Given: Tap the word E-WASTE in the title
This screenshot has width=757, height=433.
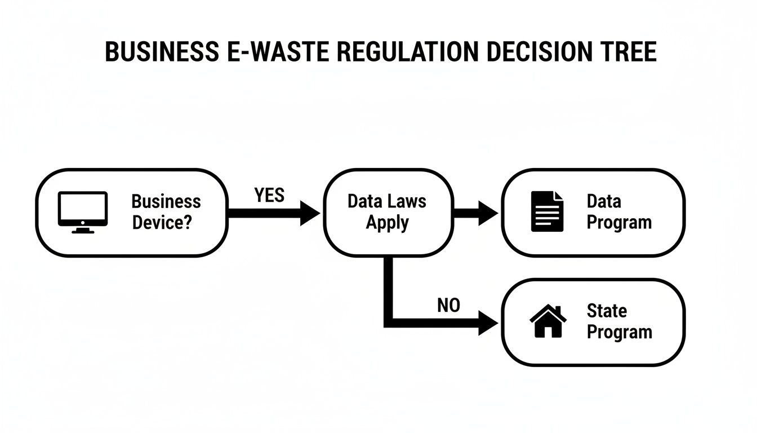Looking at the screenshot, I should (x=263, y=52).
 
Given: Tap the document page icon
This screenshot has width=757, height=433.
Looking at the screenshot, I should (x=547, y=211).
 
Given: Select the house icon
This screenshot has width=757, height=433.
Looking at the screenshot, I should (x=548, y=321).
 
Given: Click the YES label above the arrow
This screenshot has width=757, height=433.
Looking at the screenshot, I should (x=269, y=195).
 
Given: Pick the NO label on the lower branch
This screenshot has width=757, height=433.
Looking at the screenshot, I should (x=448, y=306).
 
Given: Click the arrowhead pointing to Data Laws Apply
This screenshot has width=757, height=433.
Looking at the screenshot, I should (x=309, y=213).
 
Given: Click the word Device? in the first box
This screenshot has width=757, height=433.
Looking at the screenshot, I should (x=162, y=223).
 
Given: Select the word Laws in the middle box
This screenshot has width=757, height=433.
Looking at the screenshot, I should (x=406, y=201).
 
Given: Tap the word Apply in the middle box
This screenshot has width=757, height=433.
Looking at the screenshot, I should (x=387, y=222).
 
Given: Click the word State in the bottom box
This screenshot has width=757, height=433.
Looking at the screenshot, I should (x=607, y=311).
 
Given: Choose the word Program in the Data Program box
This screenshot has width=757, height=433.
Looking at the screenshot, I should (x=619, y=222).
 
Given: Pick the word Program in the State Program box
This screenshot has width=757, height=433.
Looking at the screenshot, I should (x=619, y=332).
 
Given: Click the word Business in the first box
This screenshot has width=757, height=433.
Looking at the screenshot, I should (x=166, y=201).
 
